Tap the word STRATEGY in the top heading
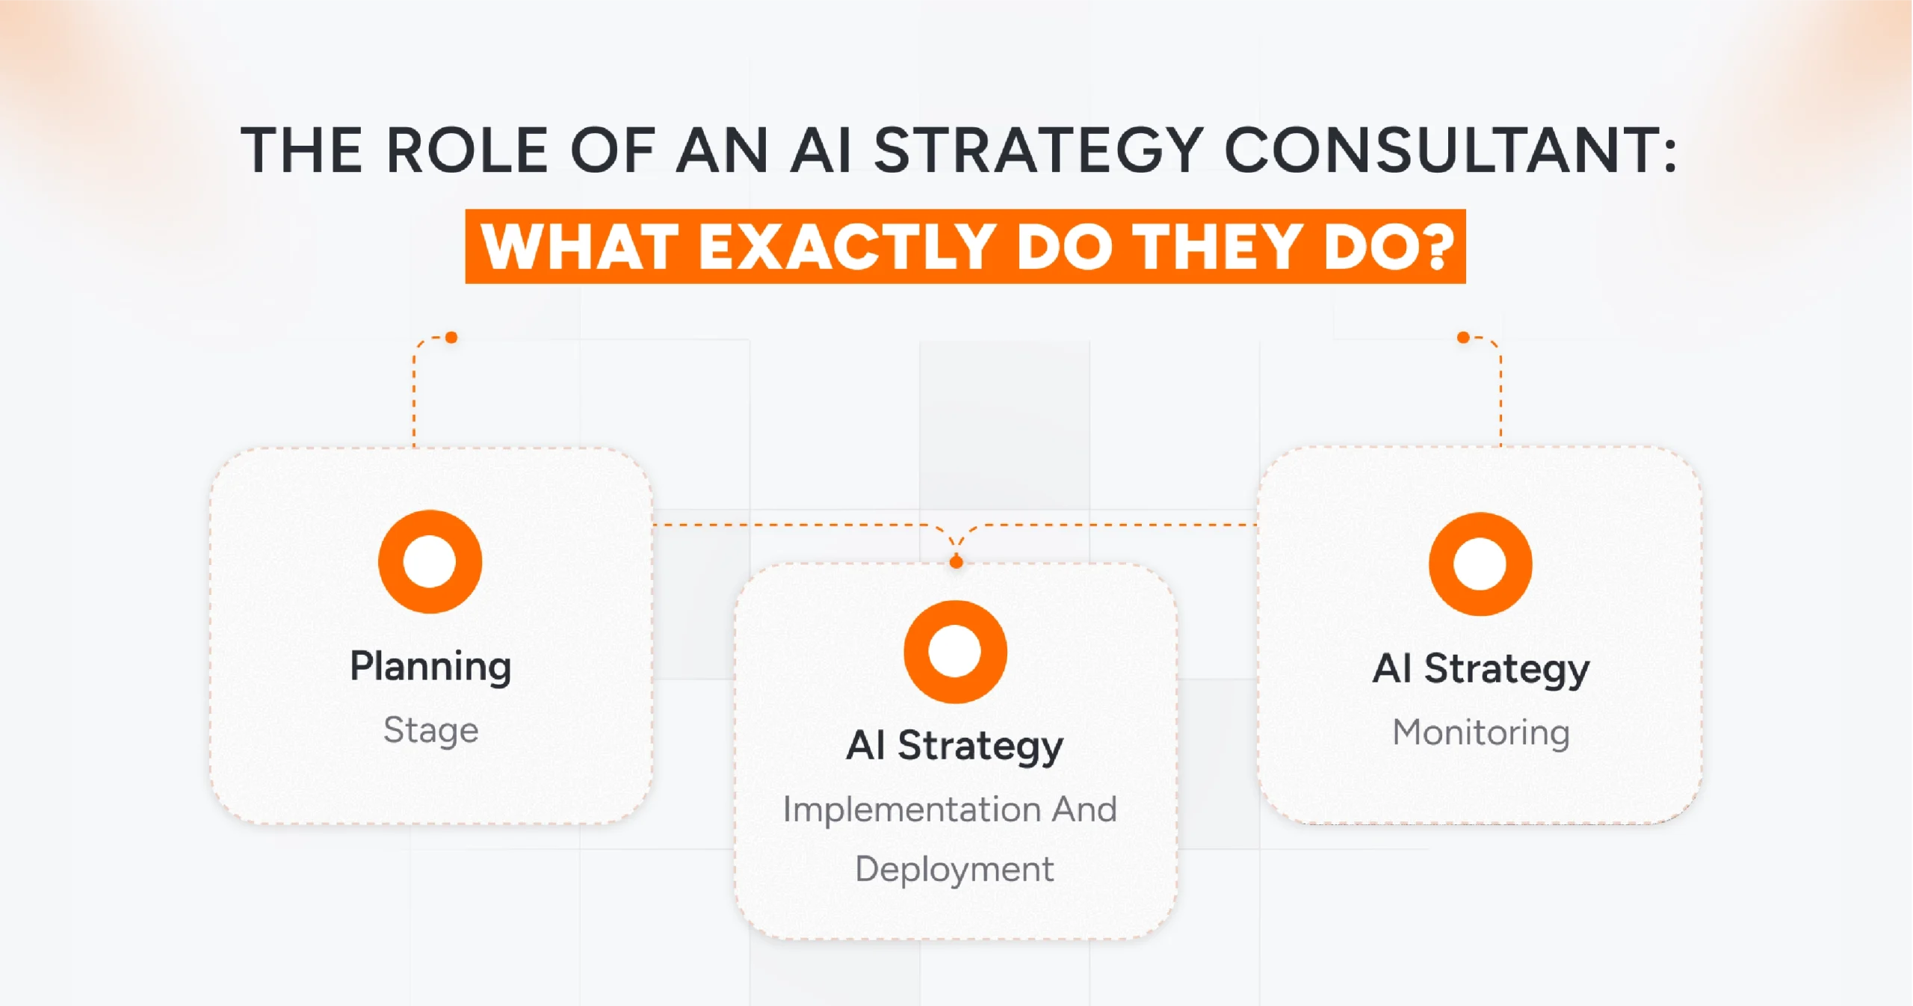(x=1038, y=150)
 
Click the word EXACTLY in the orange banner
(x=846, y=247)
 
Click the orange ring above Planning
(x=430, y=562)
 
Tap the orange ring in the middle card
(x=955, y=652)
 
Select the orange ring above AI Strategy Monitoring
(x=1480, y=564)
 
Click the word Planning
(x=430, y=667)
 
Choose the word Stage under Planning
(x=430, y=730)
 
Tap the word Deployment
(x=954, y=869)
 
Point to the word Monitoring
(x=1480, y=732)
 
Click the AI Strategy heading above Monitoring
(x=1480, y=668)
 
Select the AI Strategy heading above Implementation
(x=954, y=746)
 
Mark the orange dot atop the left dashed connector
(x=451, y=338)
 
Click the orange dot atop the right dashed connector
(x=1463, y=338)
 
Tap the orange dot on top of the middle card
(x=956, y=562)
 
